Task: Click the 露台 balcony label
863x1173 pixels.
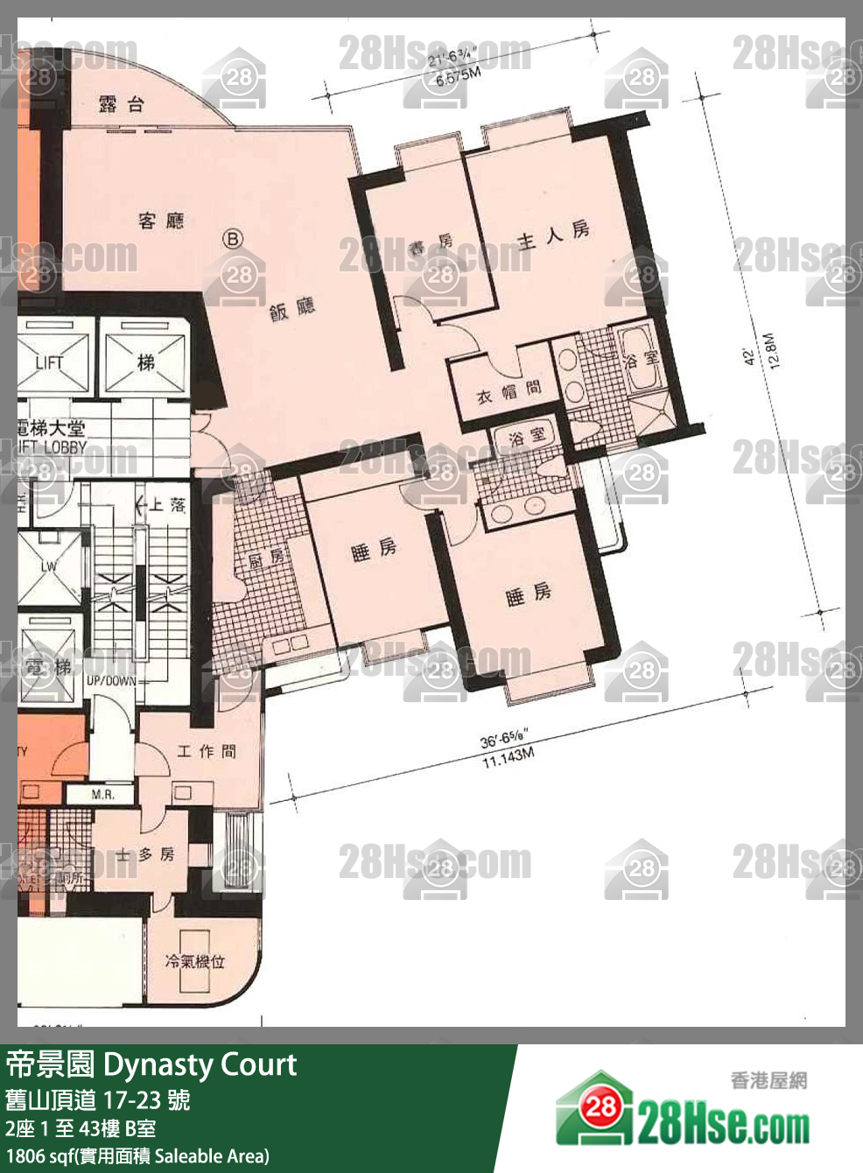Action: click(x=121, y=105)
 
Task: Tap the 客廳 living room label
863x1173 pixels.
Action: click(x=161, y=220)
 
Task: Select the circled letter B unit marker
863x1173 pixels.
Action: click(x=233, y=238)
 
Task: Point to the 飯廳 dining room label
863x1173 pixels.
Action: click(x=292, y=309)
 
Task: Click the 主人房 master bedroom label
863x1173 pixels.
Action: click(x=552, y=235)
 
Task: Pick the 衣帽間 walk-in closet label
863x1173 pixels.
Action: click(x=509, y=392)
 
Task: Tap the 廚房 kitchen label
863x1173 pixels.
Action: click(x=265, y=558)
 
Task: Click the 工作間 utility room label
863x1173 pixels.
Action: click(x=207, y=751)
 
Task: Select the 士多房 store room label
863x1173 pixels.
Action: click(x=146, y=854)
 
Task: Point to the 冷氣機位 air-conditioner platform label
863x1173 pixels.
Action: click(x=195, y=961)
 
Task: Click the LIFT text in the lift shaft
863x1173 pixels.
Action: click(x=50, y=362)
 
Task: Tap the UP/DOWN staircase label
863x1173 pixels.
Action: click(x=111, y=680)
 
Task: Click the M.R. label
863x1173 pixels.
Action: click(x=102, y=794)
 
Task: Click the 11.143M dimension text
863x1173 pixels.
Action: click(x=508, y=757)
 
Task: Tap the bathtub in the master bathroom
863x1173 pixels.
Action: click(x=638, y=359)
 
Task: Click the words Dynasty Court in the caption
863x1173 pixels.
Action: click(x=200, y=1064)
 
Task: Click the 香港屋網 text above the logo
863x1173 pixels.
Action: click(x=768, y=1080)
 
